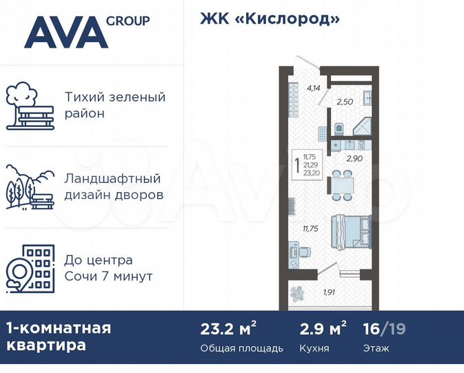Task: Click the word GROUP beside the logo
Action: [x=128, y=21]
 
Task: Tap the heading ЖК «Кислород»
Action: [x=270, y=19]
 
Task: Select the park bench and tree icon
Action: [x=30, y=106]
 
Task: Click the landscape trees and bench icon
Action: [x=30, y=186]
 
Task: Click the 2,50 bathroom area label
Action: [x=344, y=102]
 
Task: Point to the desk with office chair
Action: [x=294, y=251]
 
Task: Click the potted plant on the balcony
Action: [x=298, y=293]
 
